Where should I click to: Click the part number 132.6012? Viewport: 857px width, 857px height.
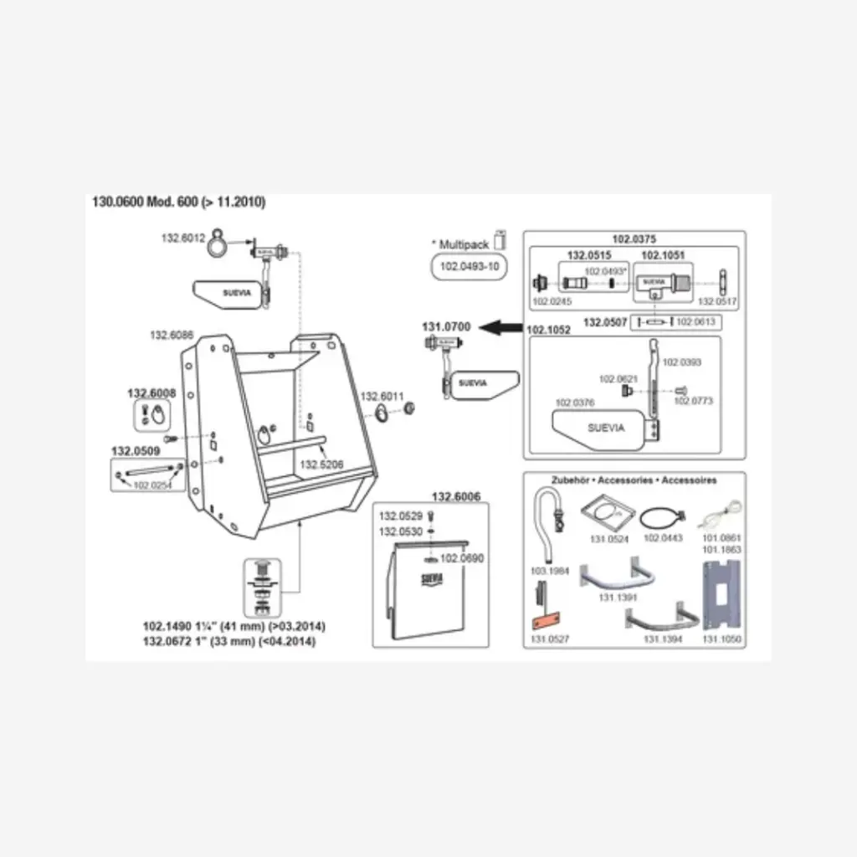point(182,238)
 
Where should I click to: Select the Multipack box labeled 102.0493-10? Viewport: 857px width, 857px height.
point(469,267)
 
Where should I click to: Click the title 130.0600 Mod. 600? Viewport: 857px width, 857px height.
point(179,202)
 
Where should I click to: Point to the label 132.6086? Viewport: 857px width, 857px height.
point(172,335)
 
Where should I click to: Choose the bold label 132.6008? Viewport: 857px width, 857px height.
point(151,393)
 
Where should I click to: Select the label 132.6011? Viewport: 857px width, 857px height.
point(382,396)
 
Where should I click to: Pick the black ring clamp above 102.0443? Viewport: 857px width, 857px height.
point(660,518)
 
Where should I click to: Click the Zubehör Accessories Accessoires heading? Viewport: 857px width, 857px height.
point(633,480)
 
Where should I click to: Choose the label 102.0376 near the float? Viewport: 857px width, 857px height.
point(575,403)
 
